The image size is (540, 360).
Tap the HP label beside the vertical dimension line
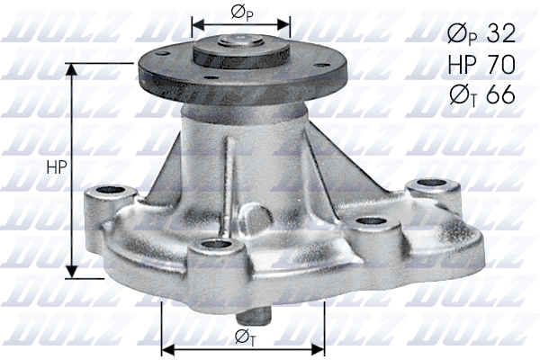point(55,168)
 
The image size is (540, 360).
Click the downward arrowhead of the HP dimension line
point(69,271)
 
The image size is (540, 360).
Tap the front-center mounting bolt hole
point(213,247)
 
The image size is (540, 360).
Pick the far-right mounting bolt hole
point(419,187)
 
